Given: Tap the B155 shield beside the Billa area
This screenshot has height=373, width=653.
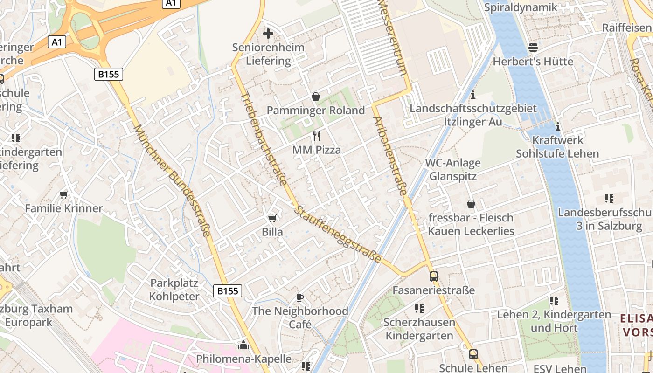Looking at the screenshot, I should pyautogui.click(x=228, y=291).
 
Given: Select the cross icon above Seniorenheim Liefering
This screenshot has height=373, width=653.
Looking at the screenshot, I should pyautogui.click(x=268, y=34).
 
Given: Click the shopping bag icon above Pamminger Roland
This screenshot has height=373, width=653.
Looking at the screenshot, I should pyautogui.click(x=316, y=97).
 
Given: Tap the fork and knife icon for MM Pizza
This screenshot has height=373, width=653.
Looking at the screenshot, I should pyautogui.click(x=317, y=136).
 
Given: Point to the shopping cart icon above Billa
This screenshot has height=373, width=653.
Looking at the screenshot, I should pyautogui.click(x=272, y=218).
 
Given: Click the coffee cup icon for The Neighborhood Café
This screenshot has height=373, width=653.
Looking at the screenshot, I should pyautogui.click(x=300, y=297).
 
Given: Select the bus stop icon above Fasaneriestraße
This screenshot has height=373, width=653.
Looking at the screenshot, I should pyautogui.click(x=434, y=276).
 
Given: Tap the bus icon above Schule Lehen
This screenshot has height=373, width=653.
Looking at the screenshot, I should pyautogui.click(x=473, y=354).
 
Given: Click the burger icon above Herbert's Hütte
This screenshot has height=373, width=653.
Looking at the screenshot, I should pyautogui.click(x=533, y=48).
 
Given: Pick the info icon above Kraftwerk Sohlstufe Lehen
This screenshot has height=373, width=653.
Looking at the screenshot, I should pyautogui.click(x=558, y=126).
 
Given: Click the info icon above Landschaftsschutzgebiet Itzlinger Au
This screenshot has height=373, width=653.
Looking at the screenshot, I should pyautogui.click(x=473, y=95).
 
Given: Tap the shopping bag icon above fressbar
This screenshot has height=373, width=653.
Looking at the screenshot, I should pyautogui.click(x=471, y=204).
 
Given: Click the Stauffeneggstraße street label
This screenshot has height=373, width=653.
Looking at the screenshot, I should pyautogui.click(x=338, y=235).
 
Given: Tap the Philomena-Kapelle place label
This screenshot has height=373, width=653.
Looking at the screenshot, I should pyautogui.click(x=243, y=359).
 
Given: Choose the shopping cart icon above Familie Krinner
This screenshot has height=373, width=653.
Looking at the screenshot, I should pyautogui.click(x=64, y=194).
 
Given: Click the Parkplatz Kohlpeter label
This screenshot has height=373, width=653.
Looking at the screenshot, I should pyautogui.click(x=174, y=290).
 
